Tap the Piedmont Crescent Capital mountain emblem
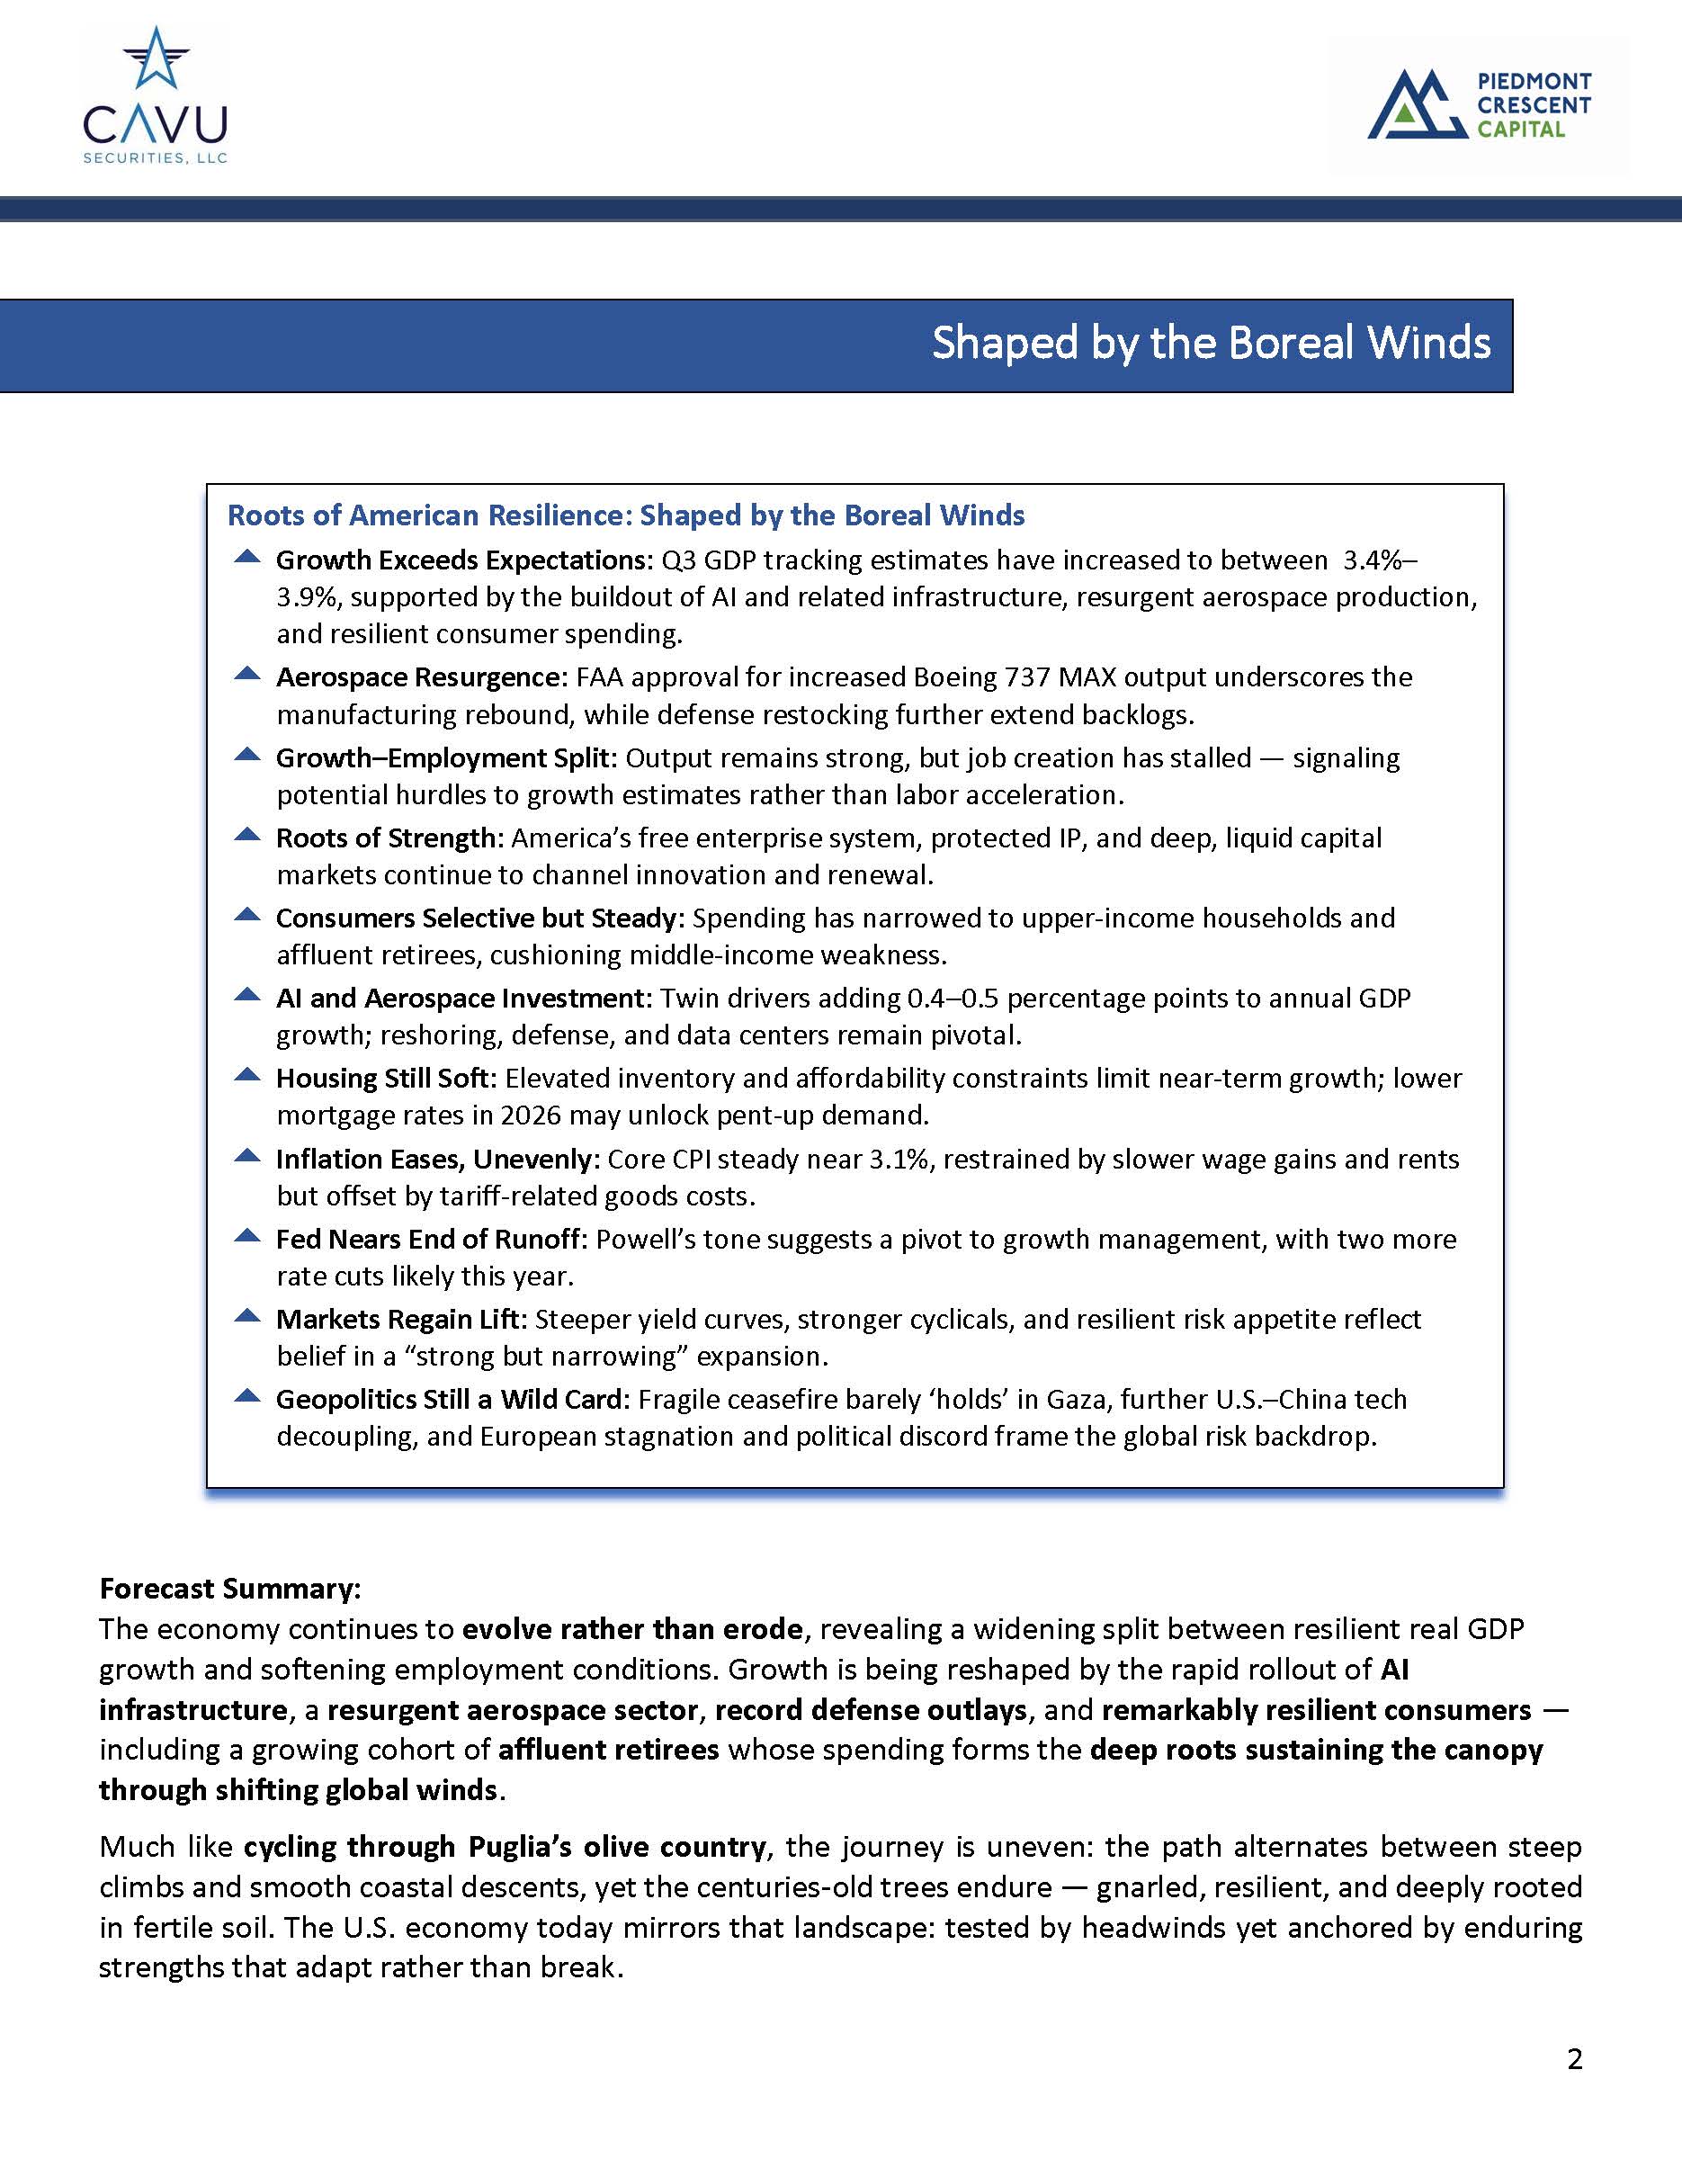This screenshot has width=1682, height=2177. pyautogui.click(x=1416, y=104)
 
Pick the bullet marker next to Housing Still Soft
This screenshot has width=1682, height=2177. pyautogui.click(x=246, y=1077)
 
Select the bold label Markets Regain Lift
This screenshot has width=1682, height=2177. pyautogui.click(x=398, y=1320)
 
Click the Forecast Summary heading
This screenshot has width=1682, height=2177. pyautogui.click(x=229, y=1588)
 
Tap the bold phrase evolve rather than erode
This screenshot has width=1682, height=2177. pyautogui.click(x=631, y=1629)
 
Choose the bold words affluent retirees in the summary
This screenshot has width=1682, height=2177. pyautogui.click(x=608, y=1750)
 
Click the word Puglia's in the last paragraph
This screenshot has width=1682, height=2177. pyautogui.click(x=517, y=1847)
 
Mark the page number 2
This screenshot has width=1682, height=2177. pyautogui.click(x=1574, y=2059)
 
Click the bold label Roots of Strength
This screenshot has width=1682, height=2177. pyautogui.click(x=385, y=838)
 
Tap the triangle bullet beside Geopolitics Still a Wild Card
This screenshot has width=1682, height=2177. pyautogui.click(x=246, y=1397)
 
